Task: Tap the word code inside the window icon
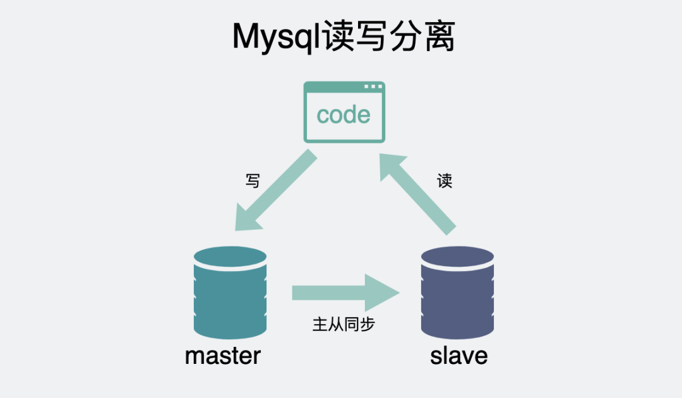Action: coord(344,115)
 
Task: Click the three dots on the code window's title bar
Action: coord(373,87)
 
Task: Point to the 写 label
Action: coord(252,181)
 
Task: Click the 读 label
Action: coord(445,181)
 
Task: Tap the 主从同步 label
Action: coord(344,325)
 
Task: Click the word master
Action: coord(223,356)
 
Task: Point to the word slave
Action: coord(459,356)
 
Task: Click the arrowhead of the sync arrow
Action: coord(385,292)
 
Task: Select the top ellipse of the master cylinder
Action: coord(230,257)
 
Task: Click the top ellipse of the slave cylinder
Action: coord(458,257)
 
